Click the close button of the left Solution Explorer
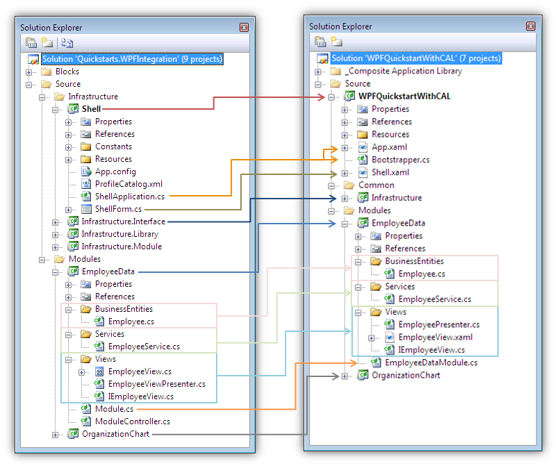pyautogui.click(x=244, y=27)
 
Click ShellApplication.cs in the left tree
pyautogui.click(x=129, y=197)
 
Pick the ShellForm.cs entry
pyautogui.click(x=118, y=209)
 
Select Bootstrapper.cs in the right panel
pyautogui.click(x=400, y=160)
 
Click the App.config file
pyautogui.click(x=115, y=172)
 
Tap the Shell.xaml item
pyautogui.click(x=390, y=172)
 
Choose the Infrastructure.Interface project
pyautogui.click(x=123, y=222)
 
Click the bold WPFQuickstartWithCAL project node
pyautogui.click(x=404, y=97)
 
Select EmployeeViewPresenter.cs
pyautogui.click(x=156, y=384)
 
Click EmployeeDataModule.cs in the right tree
pyautogui.click(x=431, y=362)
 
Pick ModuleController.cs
pyautogui.click(x=132, y=421)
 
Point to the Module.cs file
pyautogui.click(x=114, y=409)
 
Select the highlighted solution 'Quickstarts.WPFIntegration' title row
pyautogui.click(x=132, y=59)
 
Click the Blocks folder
pyautogui.click(x=67, y=72)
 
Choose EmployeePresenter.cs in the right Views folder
pyautogui.click(x=438, y=324)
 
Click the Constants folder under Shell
pyautogui.click(x=113, y=147)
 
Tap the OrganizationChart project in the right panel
pyautogui.click(x=406, y=376)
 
